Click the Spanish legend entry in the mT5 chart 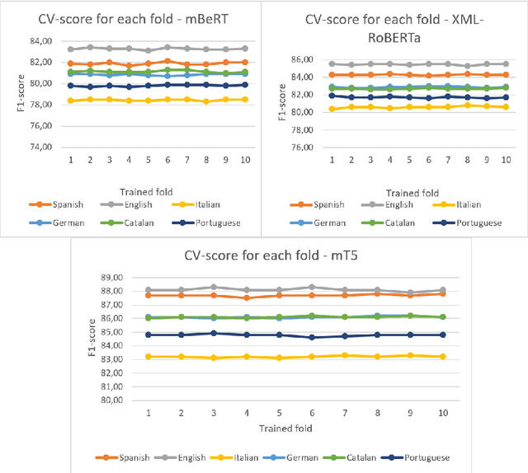124,457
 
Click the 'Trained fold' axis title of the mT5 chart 294,429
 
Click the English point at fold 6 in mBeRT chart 167,48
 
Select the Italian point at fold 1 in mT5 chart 148,357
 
